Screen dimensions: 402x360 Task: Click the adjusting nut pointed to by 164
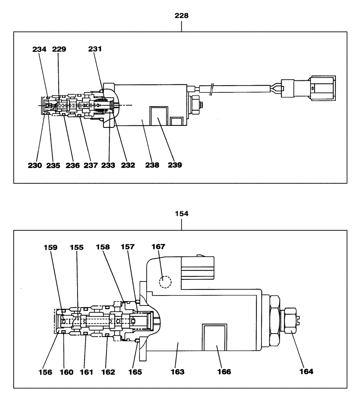[291, 320]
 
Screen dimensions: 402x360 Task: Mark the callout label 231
[95, 49]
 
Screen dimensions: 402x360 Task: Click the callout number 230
[39, 165]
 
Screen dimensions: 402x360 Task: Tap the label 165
[135, 372]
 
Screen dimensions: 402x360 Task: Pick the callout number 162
[107, 372]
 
